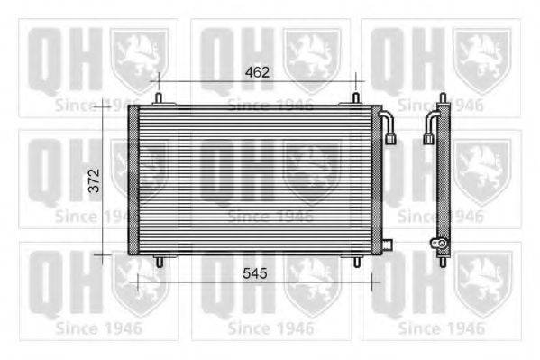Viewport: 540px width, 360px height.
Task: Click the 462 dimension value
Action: pos(257,72)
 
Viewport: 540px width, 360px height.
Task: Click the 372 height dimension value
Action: pos(94,180)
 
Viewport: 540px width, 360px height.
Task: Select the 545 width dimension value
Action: pos(255,273)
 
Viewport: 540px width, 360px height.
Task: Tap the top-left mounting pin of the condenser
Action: pos(159,98)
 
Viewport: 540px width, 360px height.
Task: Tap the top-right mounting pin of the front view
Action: pos(356,98)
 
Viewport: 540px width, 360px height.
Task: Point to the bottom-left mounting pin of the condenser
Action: pos(159,262)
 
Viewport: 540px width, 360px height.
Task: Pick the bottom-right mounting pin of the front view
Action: pos(357,262)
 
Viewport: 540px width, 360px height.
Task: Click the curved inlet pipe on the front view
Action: pos(389,125)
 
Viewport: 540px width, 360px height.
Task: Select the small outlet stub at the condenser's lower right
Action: pos(387,245)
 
